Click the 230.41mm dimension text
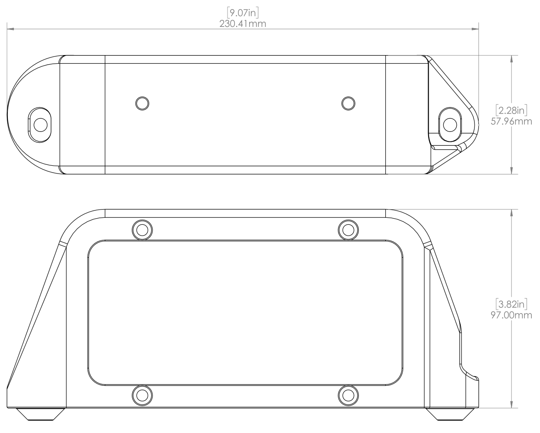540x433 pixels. click(x=243, y=23)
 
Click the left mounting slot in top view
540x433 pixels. click(x=40, y=124)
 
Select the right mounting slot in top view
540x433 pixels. click(x=451, y=124)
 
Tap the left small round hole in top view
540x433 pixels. click(x=142, y=103)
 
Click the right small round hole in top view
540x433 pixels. click(x=348, y=103)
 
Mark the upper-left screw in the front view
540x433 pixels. click(x=142, y=229)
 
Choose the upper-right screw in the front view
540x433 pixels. click(x=348, y=229)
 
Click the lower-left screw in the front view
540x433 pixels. click(x=142, y=394)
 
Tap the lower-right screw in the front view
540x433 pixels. click(x=348, y=394)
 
